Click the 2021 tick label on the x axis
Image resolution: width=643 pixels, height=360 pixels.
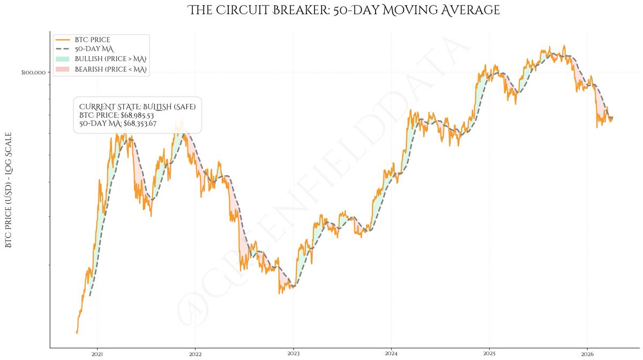click(98, 354)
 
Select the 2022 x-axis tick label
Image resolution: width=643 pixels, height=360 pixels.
click(195, 354)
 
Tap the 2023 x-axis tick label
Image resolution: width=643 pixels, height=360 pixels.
click(293, 354)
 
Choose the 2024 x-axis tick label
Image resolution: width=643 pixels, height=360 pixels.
click(391, 354)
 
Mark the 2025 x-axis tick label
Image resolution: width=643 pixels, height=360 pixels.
click(489, 354)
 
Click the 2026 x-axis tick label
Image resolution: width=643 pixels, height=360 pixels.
click(587, 354)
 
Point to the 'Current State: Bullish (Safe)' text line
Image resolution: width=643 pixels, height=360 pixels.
click(137, 107)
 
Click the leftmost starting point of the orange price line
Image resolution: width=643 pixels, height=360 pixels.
click(77, 333)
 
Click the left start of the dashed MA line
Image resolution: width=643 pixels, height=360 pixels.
click(90, 296)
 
